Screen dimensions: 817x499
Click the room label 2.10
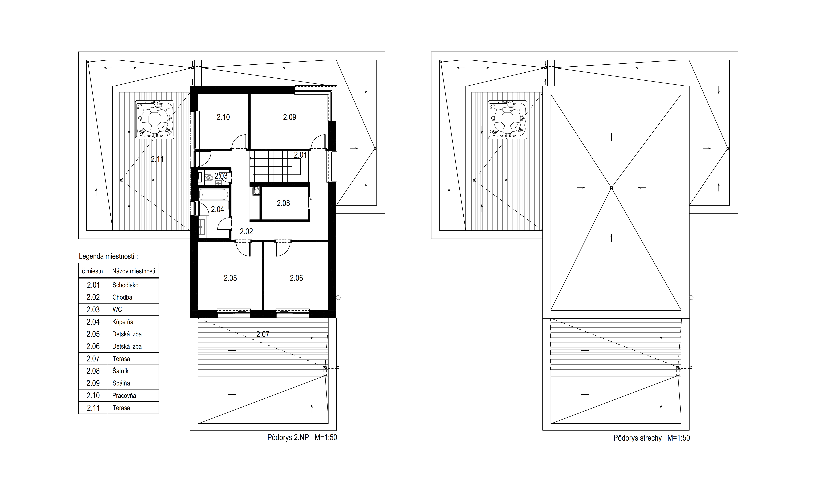[223, 117]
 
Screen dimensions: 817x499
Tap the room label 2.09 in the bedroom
[290, 117]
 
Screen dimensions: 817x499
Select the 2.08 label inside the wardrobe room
[284, 203]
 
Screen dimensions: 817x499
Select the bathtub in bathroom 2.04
[214, 194]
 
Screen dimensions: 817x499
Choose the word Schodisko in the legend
[125, 285]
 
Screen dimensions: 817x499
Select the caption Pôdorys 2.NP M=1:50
[302, 437]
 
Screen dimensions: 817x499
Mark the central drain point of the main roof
[611, 187]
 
